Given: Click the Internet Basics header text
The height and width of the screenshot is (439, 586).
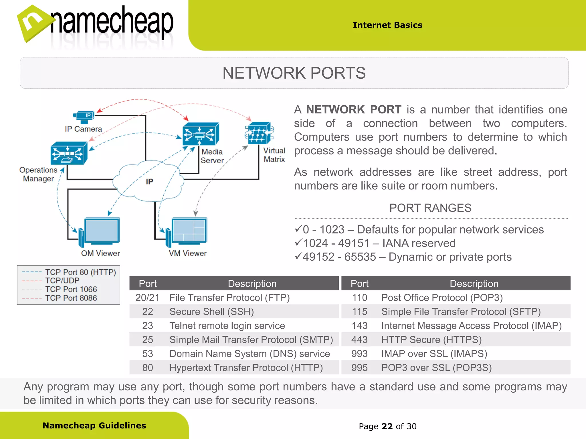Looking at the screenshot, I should [x=387, y=25].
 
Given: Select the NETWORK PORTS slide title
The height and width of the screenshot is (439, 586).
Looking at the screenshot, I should [x=294, y=73].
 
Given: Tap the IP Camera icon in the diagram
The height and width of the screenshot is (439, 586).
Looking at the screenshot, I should [x=84, y=117].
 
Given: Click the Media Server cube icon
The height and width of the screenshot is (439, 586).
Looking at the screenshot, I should [x=201, y=134].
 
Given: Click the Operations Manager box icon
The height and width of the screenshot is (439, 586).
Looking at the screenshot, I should [x=69, y=153].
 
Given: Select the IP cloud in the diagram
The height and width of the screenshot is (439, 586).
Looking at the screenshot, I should [x=149, y=181].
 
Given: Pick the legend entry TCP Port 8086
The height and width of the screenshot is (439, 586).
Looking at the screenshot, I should [x=71, y=298].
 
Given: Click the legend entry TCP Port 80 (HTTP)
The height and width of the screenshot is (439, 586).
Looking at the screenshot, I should [x=80, y=272].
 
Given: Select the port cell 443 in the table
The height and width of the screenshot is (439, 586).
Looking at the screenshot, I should [x=359, y=340].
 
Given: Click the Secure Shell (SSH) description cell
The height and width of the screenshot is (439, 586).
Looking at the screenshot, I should [x=211, y=312].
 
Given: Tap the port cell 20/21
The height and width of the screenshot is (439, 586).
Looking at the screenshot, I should [x=147, y=298].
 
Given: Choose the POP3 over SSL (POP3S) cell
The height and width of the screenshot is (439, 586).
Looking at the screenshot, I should [x=436, y=368].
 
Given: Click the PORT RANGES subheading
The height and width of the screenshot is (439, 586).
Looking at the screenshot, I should [x=430, y=208].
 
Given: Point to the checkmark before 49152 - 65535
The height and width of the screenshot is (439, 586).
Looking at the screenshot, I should [x=298, y=256].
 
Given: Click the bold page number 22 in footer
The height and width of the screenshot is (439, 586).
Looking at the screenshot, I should [x=387, y=426].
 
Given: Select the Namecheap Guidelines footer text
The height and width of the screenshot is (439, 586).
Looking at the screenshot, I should [x=94, y=426].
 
